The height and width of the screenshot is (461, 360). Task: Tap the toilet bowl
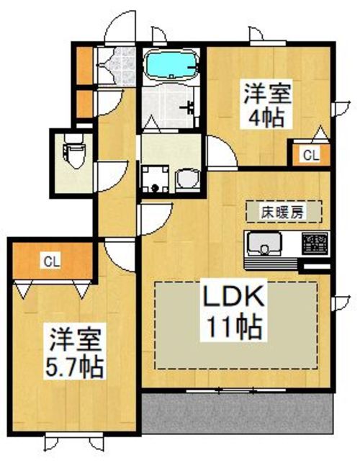(x=73, y=153)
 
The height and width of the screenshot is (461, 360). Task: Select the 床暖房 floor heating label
(x=282, y=212)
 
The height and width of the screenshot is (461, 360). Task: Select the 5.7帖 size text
(x=76, y=364)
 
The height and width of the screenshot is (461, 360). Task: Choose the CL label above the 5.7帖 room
(x=50, y=261)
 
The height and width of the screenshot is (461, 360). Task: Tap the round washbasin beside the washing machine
(x=186, y=178)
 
